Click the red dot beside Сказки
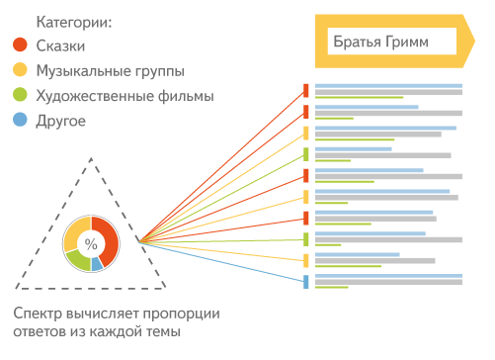[x=20, y=45]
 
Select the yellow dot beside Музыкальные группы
[x=20, y=70]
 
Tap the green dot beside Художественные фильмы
[x=20, y=96]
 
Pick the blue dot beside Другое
[x=20, y=121]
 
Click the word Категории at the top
[x=75, y=20]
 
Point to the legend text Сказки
[x=61, y=45]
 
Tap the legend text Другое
[x=60, y=121]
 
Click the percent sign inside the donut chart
[x=91, y=243]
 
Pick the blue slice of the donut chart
[x=97, y=265]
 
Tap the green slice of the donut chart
[x=77, y=261]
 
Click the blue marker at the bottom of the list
[x=305, y=282]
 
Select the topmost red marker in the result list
[x=305, y=90]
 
